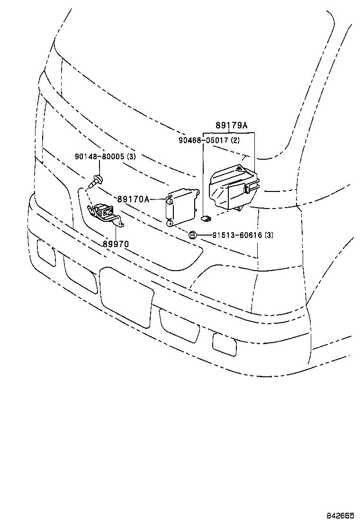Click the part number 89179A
(231, 126)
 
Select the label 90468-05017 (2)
(209, 141)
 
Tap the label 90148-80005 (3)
(105, 156)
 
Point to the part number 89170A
(133, 200)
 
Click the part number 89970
(116, 244)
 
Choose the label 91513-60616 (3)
(235, 235)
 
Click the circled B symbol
(192, 235)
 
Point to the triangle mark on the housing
(240, 170)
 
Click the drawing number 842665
(339, 515)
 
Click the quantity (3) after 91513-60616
(269, 235)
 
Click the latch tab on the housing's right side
(247, 189)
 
